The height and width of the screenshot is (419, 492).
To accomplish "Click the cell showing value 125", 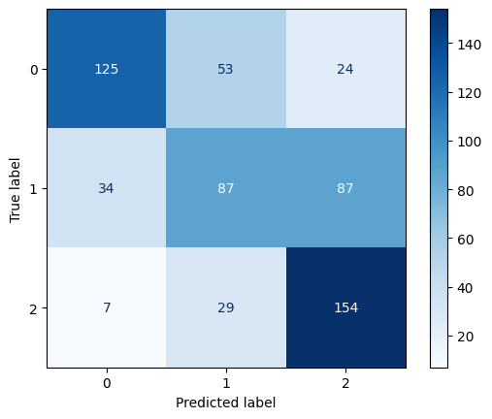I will (x=106, y=69).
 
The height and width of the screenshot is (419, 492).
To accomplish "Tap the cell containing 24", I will (x=346, y=69).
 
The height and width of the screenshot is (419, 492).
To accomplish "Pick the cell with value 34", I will (x=106, y=188).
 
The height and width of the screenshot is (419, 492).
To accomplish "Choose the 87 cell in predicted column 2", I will (x=346, y=188).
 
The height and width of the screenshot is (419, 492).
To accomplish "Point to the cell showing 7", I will (x=106, y=307).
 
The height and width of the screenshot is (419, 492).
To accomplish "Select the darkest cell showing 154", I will (x=346, y=307).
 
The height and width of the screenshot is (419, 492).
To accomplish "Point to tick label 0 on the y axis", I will (x=33, y=69).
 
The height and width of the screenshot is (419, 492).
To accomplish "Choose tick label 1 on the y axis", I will (x=33, y=188).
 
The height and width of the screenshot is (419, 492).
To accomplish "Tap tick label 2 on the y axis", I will (x=33, y=307).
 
